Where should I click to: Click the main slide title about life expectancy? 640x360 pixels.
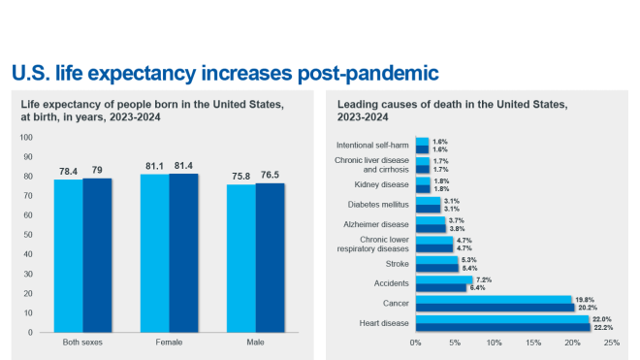[224, 73]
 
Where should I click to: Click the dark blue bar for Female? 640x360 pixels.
[183, 252]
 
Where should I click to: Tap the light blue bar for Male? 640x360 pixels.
[241, 258]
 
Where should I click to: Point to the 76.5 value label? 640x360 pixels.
[272, 175]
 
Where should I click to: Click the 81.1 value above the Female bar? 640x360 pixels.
[154, 165]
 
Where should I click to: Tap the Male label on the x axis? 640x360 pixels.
[256, 343]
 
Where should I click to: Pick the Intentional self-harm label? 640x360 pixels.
[374, 145]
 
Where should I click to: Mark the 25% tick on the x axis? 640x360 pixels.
[612, 343]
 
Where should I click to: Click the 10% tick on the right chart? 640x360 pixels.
[495, 343]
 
